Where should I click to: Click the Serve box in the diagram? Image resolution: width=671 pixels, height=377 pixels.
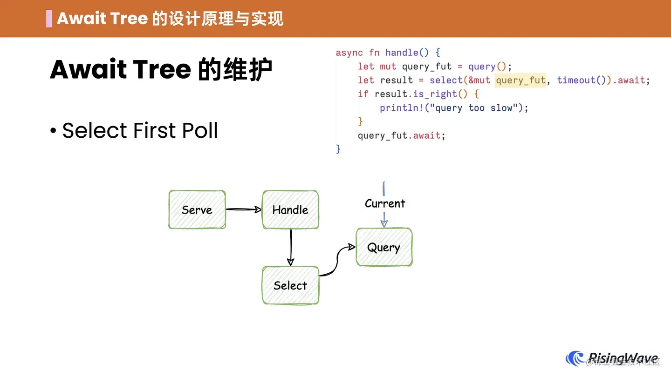point(197,209)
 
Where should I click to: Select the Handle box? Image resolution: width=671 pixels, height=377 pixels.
point(290,209)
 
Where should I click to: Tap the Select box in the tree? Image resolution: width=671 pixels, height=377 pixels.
point(290,285)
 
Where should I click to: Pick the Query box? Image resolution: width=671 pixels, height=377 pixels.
point(384,247)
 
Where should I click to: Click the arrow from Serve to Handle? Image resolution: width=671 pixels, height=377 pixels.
point(243,209)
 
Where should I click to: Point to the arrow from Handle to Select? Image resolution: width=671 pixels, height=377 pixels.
point(290,247)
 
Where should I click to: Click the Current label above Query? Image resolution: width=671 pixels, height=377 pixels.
point(385,203)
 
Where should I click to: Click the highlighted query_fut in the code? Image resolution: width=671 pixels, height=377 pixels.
point(520,80)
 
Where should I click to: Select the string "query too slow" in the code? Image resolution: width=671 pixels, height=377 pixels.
point(480,108)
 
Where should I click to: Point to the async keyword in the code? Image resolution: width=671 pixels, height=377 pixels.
point(349,53)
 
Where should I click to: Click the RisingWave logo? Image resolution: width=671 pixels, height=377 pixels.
point(612,359)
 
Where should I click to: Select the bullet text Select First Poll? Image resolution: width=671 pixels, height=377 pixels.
point(140,131)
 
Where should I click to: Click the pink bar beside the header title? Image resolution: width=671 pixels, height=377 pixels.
point(49,19)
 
